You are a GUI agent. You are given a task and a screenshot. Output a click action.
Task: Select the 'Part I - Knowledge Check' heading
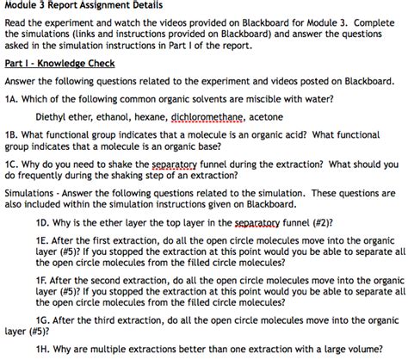pos(60,64)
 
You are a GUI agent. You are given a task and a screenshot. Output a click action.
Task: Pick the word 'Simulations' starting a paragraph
pos(30,191)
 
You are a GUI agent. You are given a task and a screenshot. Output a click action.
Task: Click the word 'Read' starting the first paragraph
pos(15,24)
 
